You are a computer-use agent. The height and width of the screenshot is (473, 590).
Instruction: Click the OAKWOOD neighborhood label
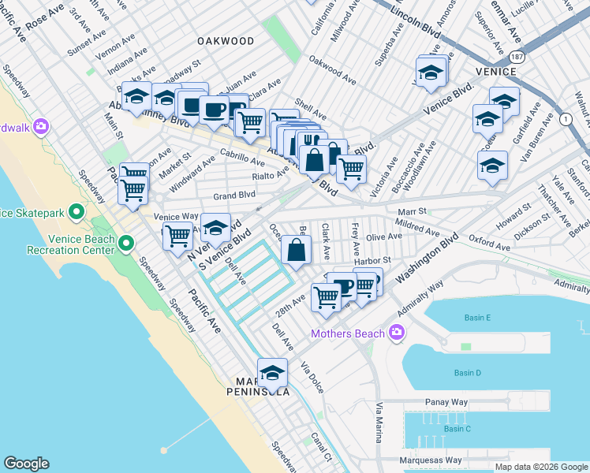click(226, 41)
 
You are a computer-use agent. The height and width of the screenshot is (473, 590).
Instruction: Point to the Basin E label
click(478, 318)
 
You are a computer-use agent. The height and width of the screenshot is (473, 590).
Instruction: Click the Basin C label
click(457, 429)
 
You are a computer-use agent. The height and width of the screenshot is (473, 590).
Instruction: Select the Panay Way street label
click(447, 402)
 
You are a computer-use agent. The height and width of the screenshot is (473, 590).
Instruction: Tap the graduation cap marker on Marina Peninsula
click(273, 371)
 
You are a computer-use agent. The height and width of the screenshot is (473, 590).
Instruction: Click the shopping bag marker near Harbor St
click(296, 251)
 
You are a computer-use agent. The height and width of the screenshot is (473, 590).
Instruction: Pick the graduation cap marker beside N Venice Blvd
click(215, 227)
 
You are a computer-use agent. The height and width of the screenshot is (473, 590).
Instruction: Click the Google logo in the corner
click(26, 464)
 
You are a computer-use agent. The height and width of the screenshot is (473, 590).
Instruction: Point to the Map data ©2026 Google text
click(540, 467)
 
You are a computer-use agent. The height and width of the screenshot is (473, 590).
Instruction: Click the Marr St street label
click(412, 211)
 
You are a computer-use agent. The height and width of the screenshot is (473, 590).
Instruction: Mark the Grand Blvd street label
click(234, 195)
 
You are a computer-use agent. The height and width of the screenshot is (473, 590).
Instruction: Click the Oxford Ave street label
click(490, 242)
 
